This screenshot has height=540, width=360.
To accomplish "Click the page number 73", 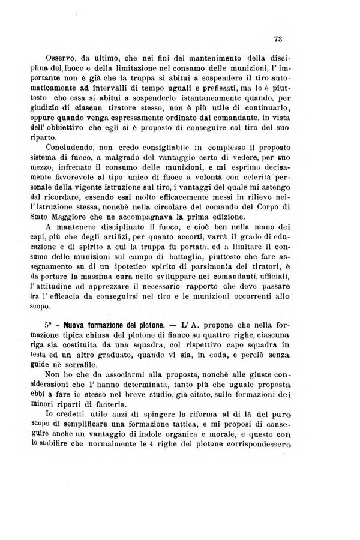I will point(278,40).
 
